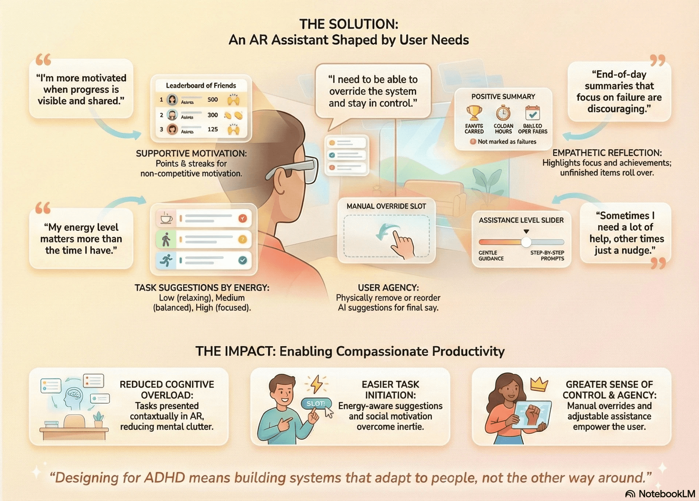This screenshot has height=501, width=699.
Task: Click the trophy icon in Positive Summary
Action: tap(474, 113)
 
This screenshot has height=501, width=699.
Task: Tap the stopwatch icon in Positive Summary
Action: tap(503, 113)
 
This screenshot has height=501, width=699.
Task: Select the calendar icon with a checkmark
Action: tap(532, 113)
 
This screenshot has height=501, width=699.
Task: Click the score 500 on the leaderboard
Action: tap(212, 99)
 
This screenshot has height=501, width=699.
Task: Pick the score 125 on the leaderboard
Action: tap(212, 129)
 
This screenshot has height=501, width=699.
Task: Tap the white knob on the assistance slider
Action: tap(526, 242)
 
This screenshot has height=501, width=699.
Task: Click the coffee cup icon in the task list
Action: tap(166, 218)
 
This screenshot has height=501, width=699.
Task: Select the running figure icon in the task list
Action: tap(166, 260)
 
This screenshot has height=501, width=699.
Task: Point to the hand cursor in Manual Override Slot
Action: tap(402, 244)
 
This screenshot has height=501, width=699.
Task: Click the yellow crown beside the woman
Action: tap(539, 384)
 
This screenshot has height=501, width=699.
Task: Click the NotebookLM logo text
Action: tap(666, 494)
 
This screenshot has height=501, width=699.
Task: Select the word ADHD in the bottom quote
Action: tap(169, 478)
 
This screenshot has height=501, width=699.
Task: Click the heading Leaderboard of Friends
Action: tap(201, 85)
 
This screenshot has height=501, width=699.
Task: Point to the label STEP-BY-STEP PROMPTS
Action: tap(547, 255)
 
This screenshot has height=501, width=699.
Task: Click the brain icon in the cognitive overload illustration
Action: tap(74, 394)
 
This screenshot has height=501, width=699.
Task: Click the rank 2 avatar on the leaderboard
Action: tap(172, 115)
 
